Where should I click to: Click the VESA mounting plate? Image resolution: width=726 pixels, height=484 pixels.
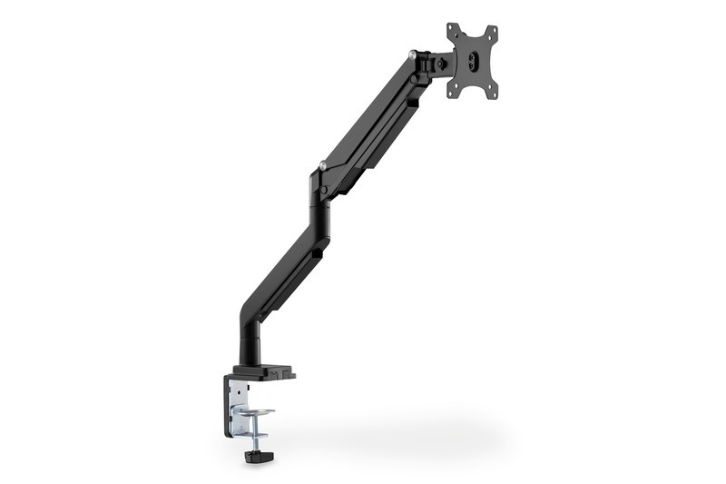(x=472, y=59)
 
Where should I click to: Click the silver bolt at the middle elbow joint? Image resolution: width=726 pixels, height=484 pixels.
(x=322, y=165)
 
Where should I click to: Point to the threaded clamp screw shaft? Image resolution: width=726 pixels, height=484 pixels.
(x=251, y=429)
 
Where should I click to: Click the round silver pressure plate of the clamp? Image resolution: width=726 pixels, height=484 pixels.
(x=253, y=414)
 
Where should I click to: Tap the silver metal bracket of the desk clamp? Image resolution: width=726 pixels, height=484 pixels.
(x=240, y=400)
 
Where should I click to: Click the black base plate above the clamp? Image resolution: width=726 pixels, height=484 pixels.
(x=263, y=371)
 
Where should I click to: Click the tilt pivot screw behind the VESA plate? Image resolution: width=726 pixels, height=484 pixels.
(x=442, y=64)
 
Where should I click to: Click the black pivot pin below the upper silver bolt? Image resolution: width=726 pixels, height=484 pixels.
(x=414, y=79)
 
